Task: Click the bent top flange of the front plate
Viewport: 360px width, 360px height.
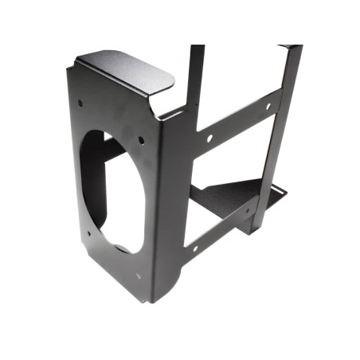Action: point(127,72)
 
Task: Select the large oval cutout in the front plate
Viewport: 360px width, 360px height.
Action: point(115,191)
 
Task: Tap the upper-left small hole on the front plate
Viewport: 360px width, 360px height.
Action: point(80,102)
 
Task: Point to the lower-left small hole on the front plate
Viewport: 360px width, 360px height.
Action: point(88,233)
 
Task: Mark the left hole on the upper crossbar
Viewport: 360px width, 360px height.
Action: point(209,138)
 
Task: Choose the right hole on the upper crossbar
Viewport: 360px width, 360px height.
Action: point(267,106)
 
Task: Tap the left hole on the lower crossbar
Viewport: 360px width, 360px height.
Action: point(194,248)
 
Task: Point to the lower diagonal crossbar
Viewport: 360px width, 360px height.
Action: point(219,231)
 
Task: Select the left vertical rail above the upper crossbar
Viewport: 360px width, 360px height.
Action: point(195,76)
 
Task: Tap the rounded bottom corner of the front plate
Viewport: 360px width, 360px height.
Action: point(151,295)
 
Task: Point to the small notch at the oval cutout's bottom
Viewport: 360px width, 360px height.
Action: point(121,248)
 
